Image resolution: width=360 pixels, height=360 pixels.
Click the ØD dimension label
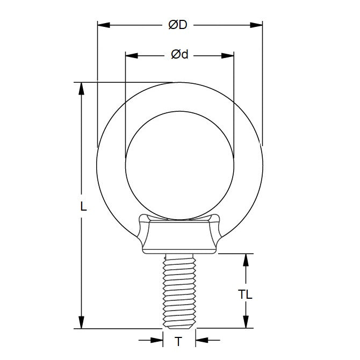[x=179, y=25]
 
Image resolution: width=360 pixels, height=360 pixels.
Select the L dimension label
[x=84, y=206]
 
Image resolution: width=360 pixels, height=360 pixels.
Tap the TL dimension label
[x=246, y=294]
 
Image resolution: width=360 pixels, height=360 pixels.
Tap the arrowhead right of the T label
[x=200, y=340]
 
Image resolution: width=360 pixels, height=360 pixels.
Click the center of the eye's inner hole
[x=179, y=165]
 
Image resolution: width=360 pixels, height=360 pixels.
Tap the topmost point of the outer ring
[x=179, y=82]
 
